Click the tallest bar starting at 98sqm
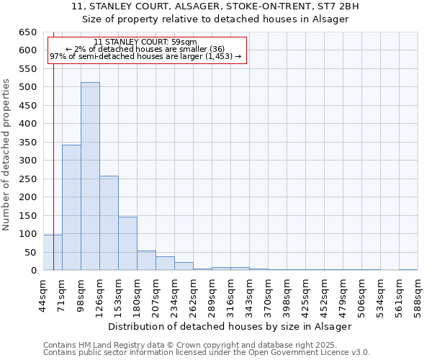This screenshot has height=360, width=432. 90,176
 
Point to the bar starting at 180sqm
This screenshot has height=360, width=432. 146,261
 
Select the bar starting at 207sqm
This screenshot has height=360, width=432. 165,264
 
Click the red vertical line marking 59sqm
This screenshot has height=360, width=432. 54,180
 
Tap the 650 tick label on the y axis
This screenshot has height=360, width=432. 27,32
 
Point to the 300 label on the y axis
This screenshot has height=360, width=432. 27,161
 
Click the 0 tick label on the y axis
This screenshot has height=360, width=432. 33,271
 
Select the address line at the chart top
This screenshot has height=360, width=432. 215,6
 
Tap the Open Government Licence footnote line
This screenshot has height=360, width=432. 207,353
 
